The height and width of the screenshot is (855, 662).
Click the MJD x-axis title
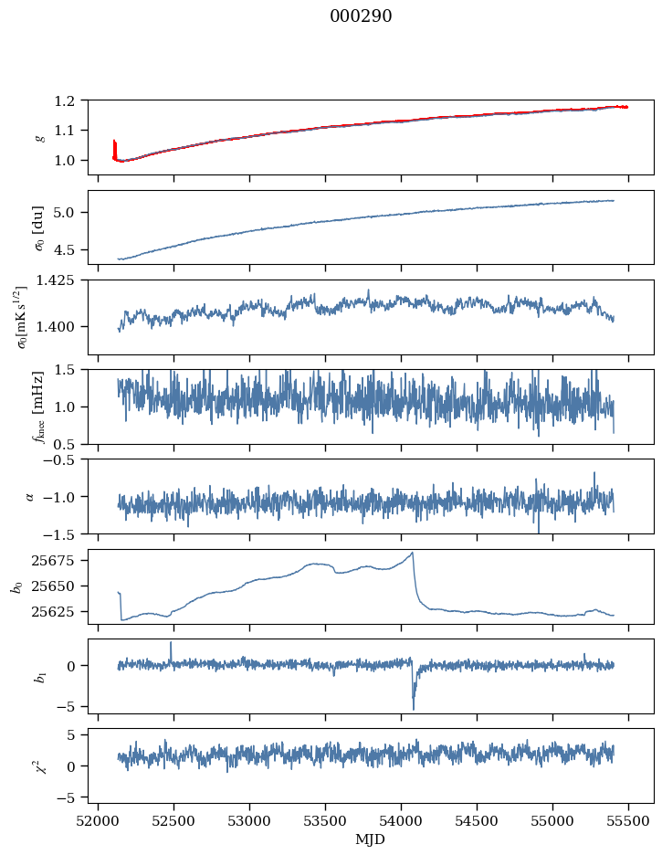click(371, 839)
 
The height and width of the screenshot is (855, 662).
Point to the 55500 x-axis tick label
click(628, 820)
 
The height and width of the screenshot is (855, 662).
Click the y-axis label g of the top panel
click(39, 137)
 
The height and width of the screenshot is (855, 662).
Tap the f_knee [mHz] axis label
click(39, 406)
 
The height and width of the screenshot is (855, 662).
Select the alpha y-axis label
click(30, 496)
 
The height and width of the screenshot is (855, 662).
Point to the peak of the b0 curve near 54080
click(413, 553)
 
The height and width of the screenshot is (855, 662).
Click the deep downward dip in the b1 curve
click(413, 708)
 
